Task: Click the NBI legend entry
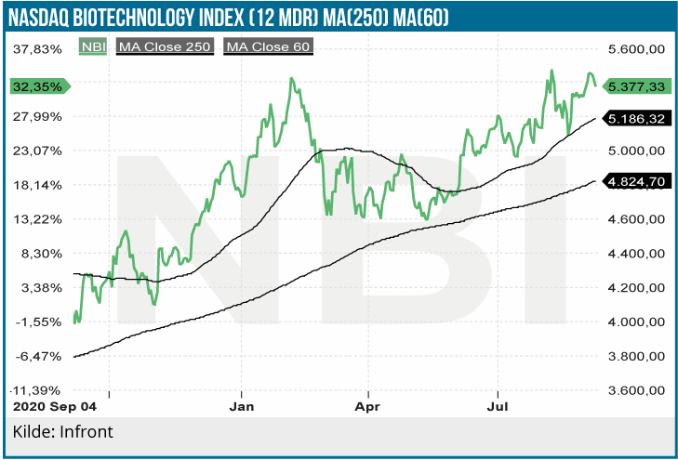(93, 47)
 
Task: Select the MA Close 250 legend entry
(165, 47)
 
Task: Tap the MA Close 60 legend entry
(268, 47)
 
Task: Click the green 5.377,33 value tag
(636, 85)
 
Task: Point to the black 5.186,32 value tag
(636, 119)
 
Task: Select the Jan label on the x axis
(242, 406)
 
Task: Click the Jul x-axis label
(499, 406)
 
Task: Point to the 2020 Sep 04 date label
(53, 406)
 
